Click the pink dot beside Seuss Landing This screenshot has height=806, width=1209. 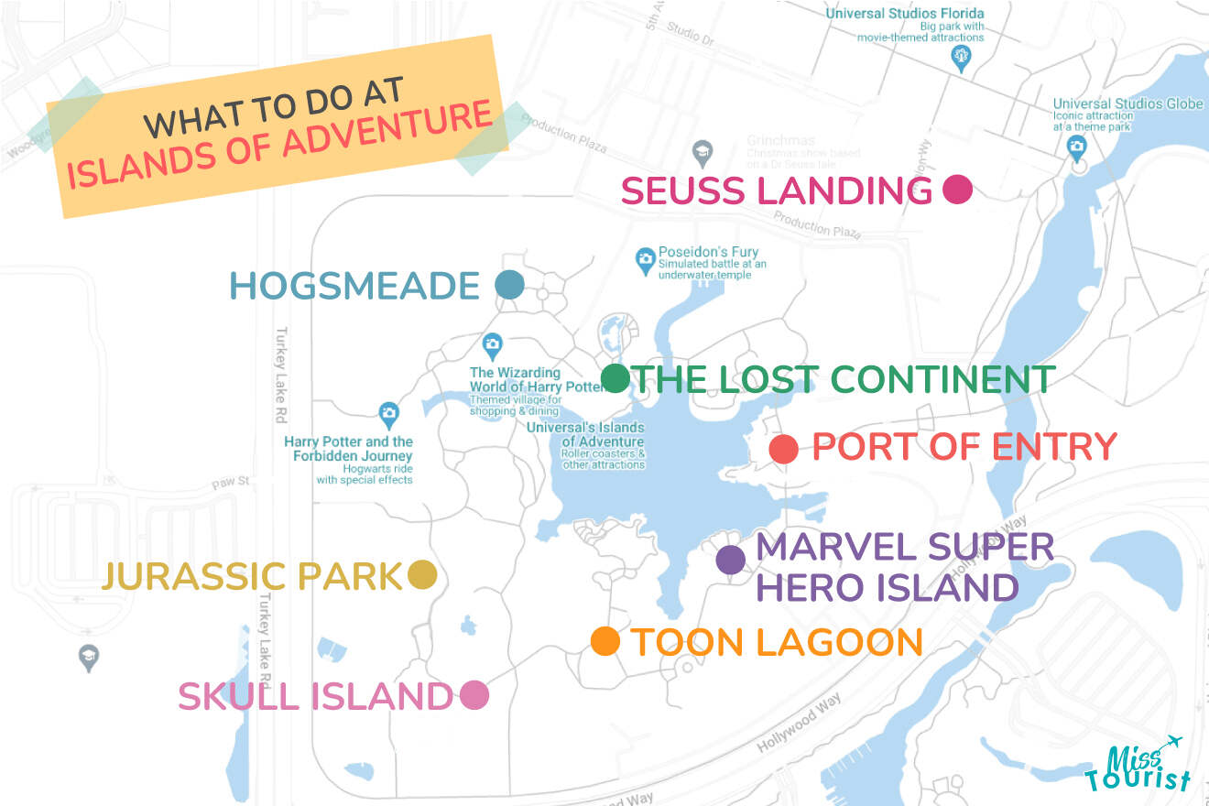click(956, 190)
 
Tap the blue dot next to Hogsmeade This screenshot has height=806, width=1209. click(509, 285)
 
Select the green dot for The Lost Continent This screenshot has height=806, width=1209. click(615, 378)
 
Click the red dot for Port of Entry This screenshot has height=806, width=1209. click(783, 449)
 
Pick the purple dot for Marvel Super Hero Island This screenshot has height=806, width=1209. click(730, 560)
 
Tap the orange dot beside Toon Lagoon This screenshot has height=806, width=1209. click(605, 641)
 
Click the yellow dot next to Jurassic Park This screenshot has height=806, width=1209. click(421, 575)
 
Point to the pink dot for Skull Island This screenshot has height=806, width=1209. click(474, 696)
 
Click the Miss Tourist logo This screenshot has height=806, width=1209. click(1138, 764)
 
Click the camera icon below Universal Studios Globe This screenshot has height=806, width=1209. click(1077, 146)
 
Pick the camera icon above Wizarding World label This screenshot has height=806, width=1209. click(493, 345)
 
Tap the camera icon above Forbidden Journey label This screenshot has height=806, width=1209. click(388, 415)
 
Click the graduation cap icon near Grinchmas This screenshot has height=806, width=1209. click(702, 152)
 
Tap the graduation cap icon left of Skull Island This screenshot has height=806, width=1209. click(88, 658)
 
